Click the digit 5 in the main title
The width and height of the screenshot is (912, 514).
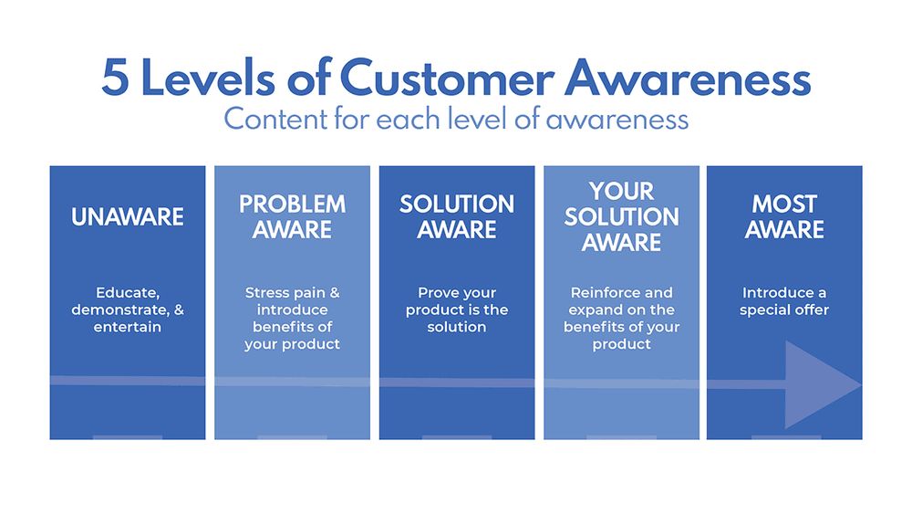116,79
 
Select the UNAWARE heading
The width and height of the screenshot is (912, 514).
128,217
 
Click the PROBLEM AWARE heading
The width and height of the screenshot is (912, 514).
292,216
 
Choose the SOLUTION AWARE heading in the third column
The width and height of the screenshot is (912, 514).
457,216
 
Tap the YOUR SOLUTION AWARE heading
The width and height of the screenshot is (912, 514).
621,216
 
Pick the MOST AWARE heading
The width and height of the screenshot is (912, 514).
784,216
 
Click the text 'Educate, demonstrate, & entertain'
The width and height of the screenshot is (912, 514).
128,309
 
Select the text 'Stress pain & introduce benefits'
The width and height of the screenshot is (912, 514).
292,319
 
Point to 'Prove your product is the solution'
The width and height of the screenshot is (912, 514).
457,309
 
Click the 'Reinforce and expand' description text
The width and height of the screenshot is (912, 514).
621,319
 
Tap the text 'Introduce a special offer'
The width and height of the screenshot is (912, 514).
784,301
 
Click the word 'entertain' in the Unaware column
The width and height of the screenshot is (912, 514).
128,327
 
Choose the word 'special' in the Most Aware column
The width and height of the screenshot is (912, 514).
767,310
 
